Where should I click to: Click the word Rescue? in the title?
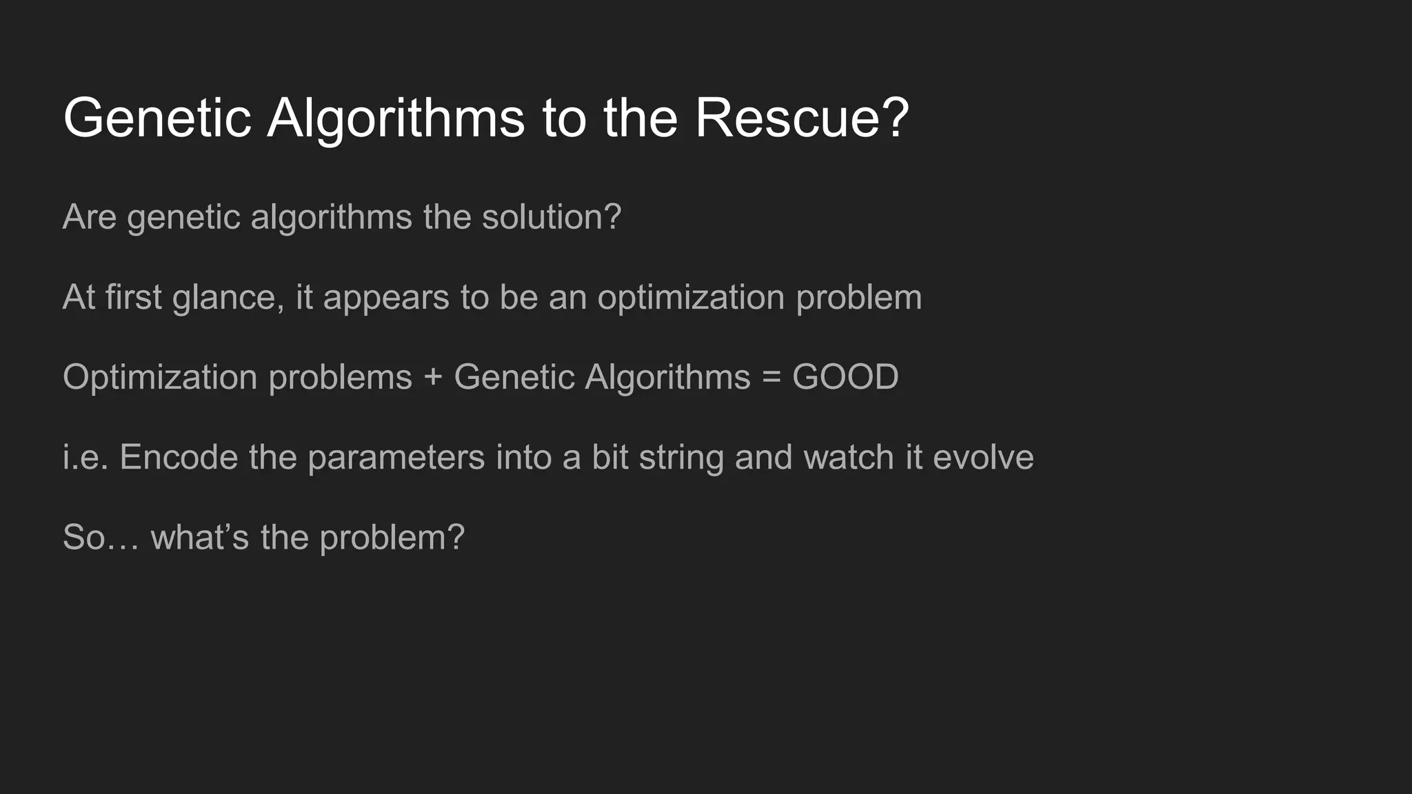click(801, 119)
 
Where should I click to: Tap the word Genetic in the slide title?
click(157, 119)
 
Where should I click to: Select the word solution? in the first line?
click(551, 217)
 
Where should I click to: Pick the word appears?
click(385, 298)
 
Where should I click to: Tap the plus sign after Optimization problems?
click(433, 378)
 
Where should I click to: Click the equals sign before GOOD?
click(771, 378)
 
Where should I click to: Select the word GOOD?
click(845, 378)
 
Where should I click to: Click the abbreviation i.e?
click(85, 458)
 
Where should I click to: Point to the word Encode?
click(179, 458)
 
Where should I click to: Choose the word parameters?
click(396, 458)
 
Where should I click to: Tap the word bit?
click(609, 458)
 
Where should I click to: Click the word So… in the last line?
click(101, 538)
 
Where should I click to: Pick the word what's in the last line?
click(199, 538)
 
